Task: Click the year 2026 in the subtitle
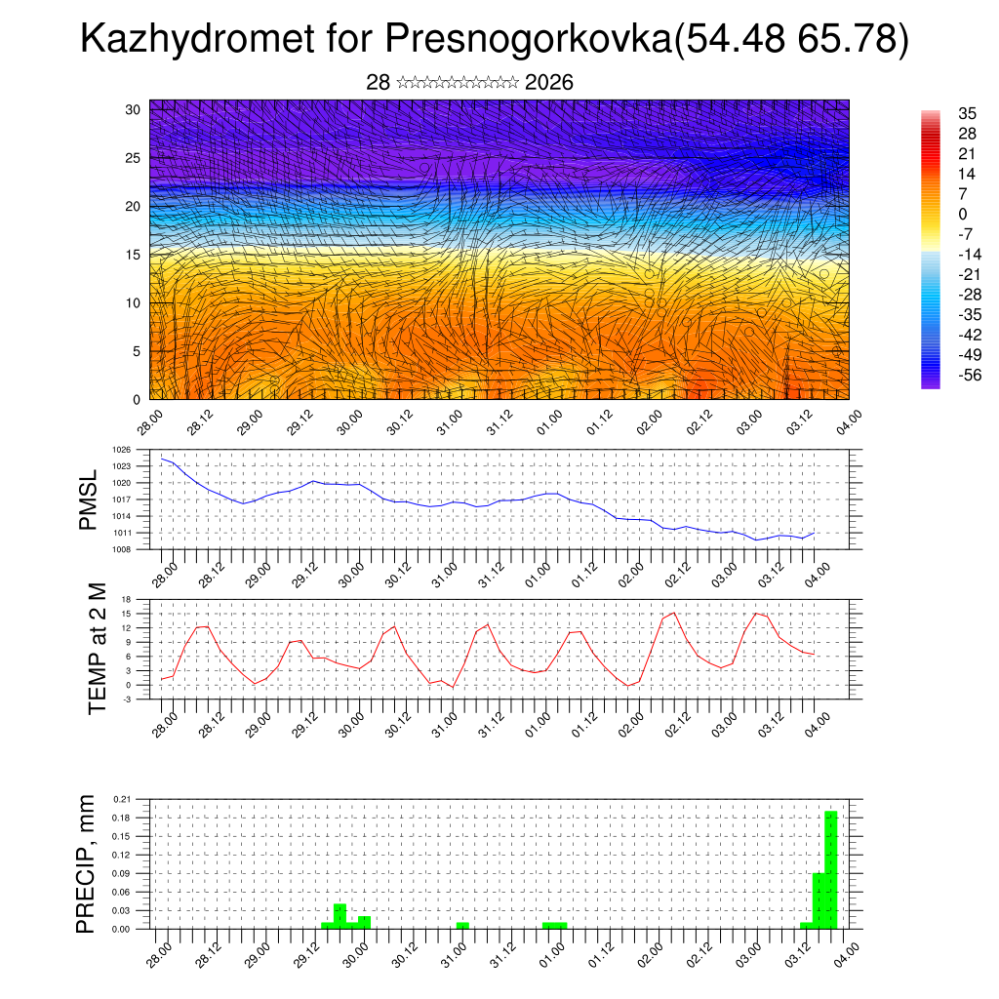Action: point(548,83)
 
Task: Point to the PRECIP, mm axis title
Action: point(88,863)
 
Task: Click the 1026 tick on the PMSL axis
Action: point(122,451)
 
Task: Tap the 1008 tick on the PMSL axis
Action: point(122,549)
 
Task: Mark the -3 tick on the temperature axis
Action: point(127,699)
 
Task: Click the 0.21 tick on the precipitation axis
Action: point(121,799)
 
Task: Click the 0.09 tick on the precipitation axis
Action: point(121,873)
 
